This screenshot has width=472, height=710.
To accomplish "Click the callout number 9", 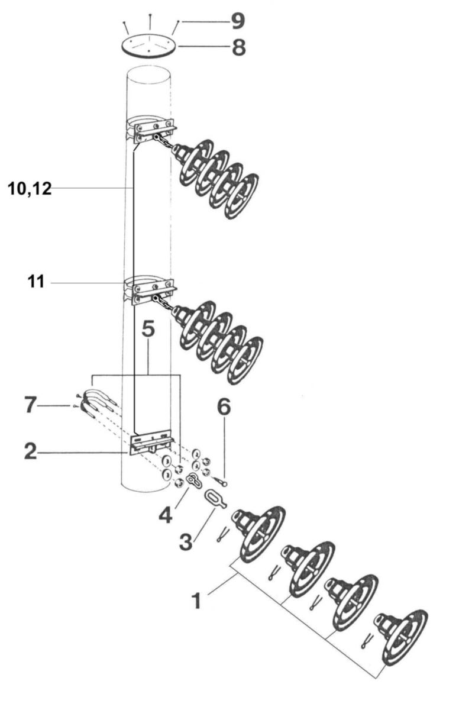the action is [x=238, y=22].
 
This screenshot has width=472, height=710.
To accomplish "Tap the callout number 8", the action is [x=238, y=47].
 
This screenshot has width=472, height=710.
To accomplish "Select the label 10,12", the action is [x=30, y=189].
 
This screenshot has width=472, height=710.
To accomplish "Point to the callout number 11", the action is [x=36, y=282].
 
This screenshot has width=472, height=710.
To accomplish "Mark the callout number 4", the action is [x=166, y=516].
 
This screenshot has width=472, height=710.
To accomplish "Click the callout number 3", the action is [x=186, y=541].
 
